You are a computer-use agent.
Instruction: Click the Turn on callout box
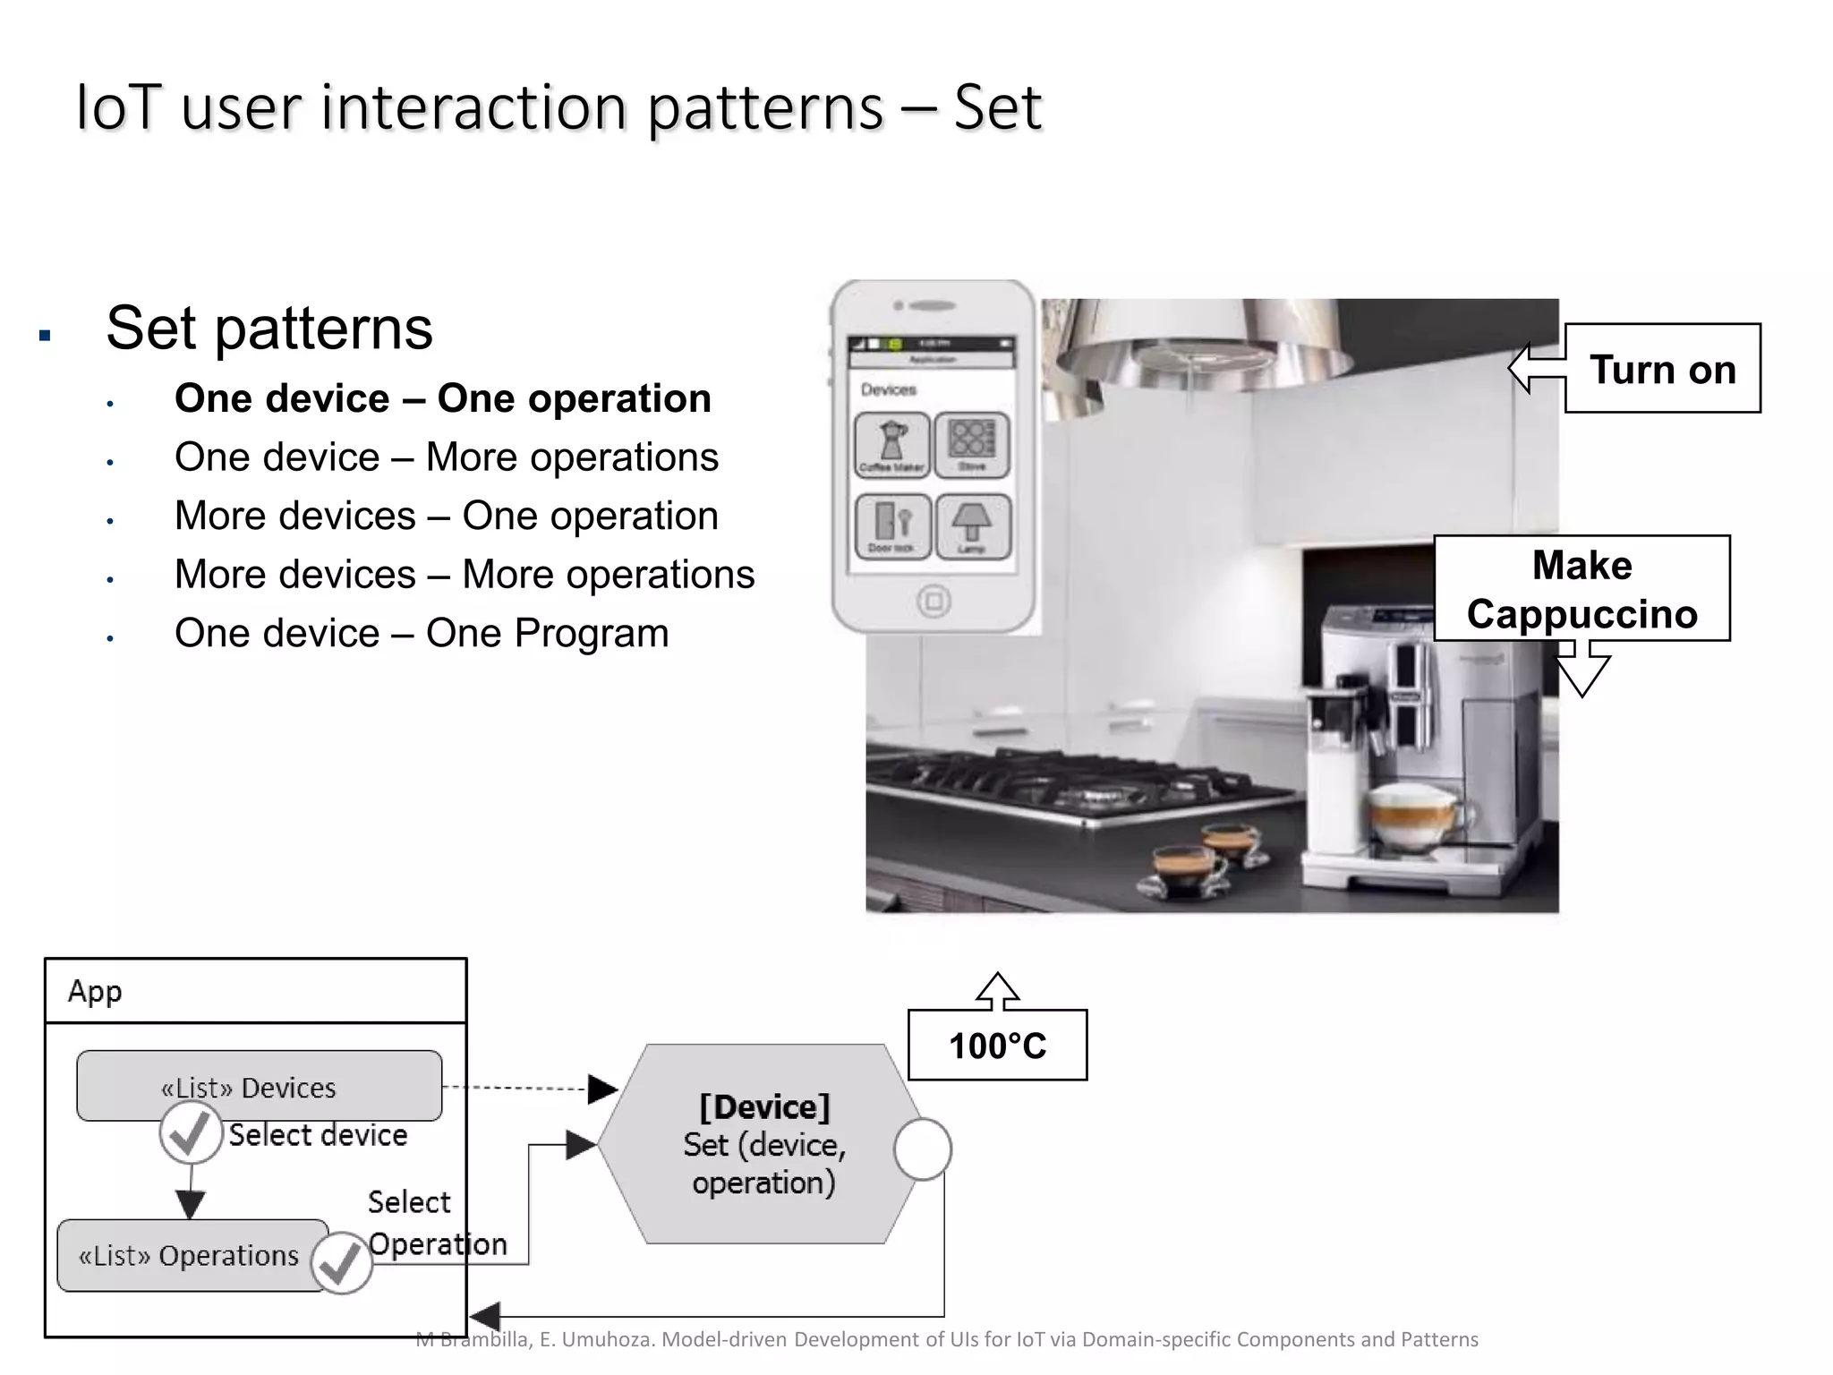click(1662, 368)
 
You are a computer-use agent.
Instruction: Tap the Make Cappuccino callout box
click(1581, 588)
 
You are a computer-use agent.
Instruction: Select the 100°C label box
click(997, 1045)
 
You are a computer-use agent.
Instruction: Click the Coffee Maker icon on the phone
click(891, 444)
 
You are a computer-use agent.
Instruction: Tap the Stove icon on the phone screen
click(972, 444)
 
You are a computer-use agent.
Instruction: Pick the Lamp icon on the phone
click(972, 526)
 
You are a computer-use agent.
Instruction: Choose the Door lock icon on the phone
click(891, 526)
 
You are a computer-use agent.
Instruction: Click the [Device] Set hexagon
click(763, 1144)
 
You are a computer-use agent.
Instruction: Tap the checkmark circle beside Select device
click(191, 1133)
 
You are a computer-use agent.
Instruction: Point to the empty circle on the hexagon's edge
click(922, 1149)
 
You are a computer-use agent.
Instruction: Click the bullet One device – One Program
click(422, 633)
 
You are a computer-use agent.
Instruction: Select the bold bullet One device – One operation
click(442, 398)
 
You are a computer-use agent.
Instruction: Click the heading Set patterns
click(269, 328)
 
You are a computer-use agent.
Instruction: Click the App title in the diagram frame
click(94, 991)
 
